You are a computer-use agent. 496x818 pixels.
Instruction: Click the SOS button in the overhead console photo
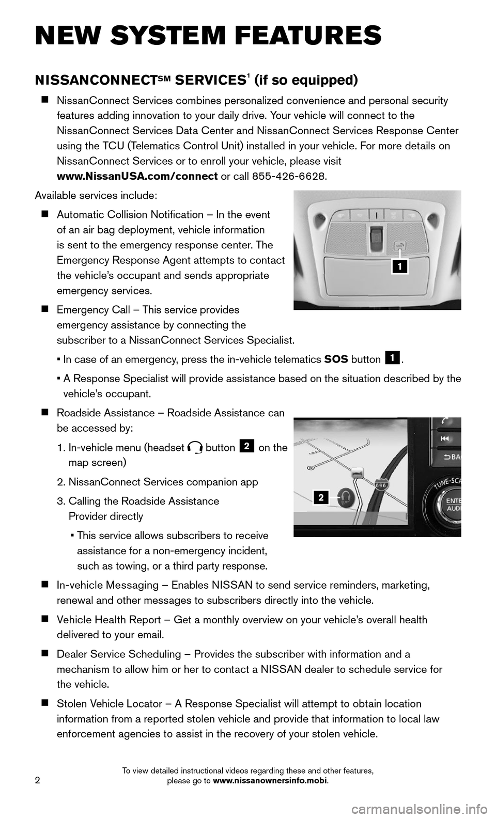click(398, 246)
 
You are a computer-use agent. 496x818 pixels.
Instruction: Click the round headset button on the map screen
click(345, 497)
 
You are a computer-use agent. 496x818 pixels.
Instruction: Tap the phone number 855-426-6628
click(294, 176)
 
